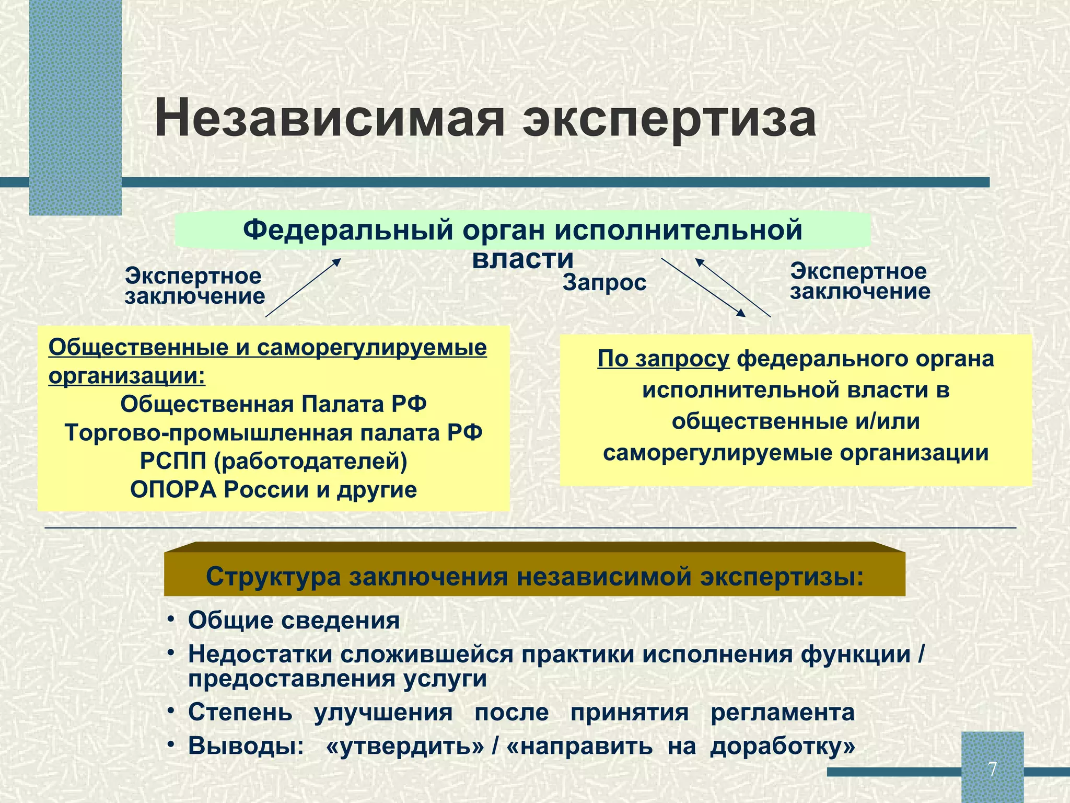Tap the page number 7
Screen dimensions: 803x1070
click(x=992, y=770)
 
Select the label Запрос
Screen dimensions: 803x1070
click(x=604, y=283)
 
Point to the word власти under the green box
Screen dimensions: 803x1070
click(x=523, y=259)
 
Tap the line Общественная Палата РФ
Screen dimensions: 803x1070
click(x=273, y=404)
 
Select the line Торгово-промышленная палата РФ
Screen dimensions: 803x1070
click(x=273, y=433)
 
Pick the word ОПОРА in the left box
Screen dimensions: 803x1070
click(x=173, y=490)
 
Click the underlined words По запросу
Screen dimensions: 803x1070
click(x=663, y=359)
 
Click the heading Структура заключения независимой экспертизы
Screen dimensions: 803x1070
click(x=534, y=577)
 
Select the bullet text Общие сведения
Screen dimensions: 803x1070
click(x=294, y=621)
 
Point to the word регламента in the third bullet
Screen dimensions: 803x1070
click(x=782, y=713)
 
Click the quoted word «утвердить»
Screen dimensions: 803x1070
click(x=405, y=746)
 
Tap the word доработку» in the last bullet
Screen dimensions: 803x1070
click(x=782, y=746)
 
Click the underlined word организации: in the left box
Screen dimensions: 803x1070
click(x=127, y=376)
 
